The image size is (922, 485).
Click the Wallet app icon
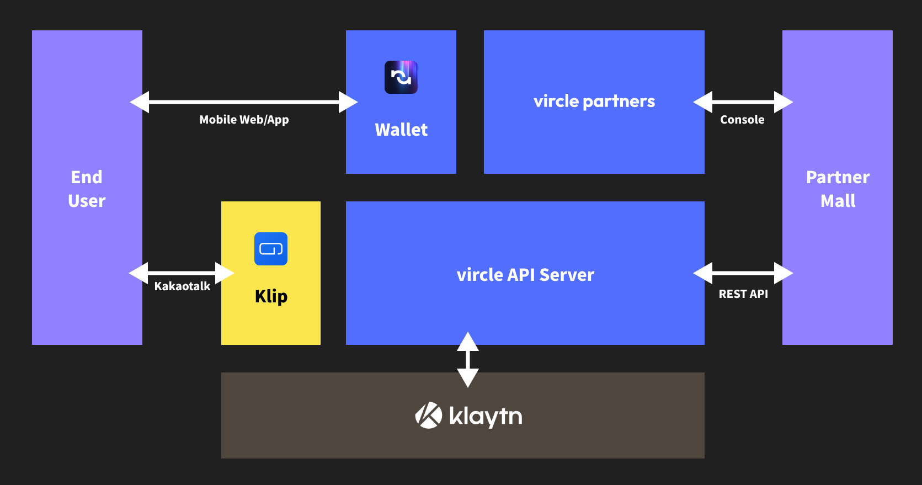click(401, 77)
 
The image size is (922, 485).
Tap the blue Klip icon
click(271, 249)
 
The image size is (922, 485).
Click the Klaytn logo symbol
click(429, 415)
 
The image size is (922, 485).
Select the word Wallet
click(401, 130)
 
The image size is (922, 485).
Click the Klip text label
click(271, 296)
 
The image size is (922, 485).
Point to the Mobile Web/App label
click(244, 120)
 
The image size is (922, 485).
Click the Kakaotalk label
click(182, 286)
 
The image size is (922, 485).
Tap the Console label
click(742, 120)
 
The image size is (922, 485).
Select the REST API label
click(743, 294)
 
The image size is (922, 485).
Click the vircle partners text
click(594, 102)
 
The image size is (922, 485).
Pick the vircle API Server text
click(525, 275)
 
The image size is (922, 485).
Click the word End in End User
click(87, 177)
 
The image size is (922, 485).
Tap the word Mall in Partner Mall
click(838, 201)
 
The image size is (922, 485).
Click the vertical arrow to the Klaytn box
click(468, 359)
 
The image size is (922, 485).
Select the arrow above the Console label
click(743, 102)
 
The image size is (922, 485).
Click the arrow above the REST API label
click(743, 273)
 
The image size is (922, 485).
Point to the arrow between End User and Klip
click(182, 273)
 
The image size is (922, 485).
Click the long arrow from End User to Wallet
click(244, 102)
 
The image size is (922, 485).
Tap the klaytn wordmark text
click(486, 416)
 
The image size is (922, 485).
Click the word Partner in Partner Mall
click(838, 177)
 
